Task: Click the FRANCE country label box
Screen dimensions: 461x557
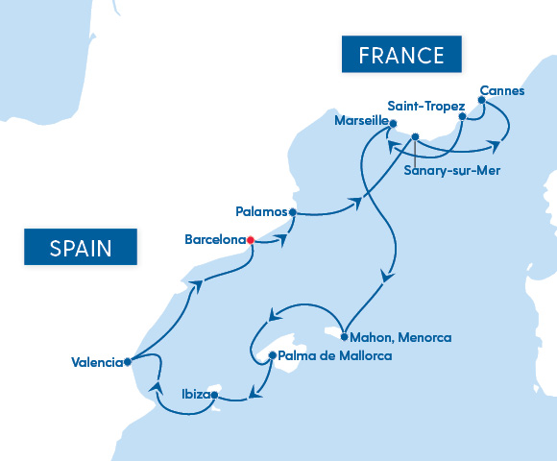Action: point(401,55)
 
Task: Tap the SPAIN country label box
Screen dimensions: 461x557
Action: point(81,248)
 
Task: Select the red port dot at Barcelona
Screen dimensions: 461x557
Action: point(250,240)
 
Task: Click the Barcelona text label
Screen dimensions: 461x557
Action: point(213,239)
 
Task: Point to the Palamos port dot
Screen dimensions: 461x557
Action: point(292,212)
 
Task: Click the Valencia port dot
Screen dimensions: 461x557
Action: point(128,362)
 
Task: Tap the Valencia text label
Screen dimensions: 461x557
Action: point(97,362)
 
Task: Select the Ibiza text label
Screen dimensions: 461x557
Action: point(195,393)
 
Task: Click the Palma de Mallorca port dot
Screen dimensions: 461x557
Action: point(272,355)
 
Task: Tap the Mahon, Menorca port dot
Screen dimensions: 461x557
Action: point(344,337)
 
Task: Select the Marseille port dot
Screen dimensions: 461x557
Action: point(393,123)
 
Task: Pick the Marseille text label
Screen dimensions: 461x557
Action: point(361,122)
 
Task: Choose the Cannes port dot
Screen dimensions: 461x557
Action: point(481,99)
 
